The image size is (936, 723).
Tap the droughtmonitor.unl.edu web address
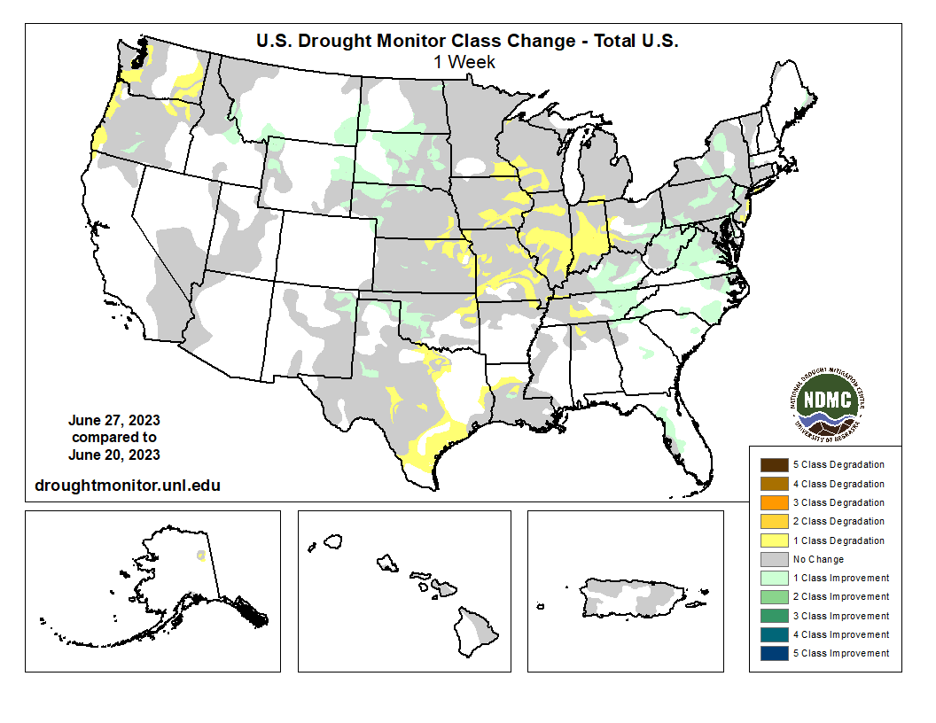[x=127, y=485]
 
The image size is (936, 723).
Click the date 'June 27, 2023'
[x=114, y=420]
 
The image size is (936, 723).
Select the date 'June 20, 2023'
[x=114, y=455]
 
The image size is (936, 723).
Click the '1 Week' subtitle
[x=464, y=62]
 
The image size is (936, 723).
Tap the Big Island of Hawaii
[x=480, y=628]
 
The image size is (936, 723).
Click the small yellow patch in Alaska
[x=201, y=556]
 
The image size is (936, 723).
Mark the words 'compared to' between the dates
[x=114, y=438]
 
